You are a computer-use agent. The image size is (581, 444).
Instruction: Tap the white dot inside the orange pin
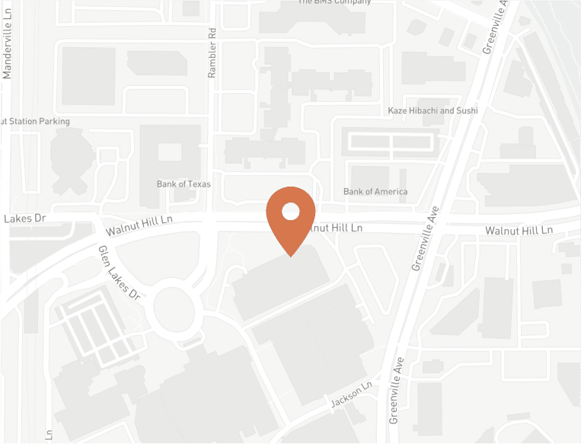[291, 211]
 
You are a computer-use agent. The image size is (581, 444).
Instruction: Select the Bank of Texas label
[184, 184]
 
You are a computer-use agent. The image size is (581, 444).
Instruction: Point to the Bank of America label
[375, 191]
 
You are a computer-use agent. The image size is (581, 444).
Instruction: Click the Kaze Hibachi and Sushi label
[432, 110]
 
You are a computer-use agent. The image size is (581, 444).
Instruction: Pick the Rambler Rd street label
[212, 53]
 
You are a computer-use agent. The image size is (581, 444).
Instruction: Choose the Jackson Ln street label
[350, 394]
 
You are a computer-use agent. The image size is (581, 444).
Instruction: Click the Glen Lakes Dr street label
[120, 272]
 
